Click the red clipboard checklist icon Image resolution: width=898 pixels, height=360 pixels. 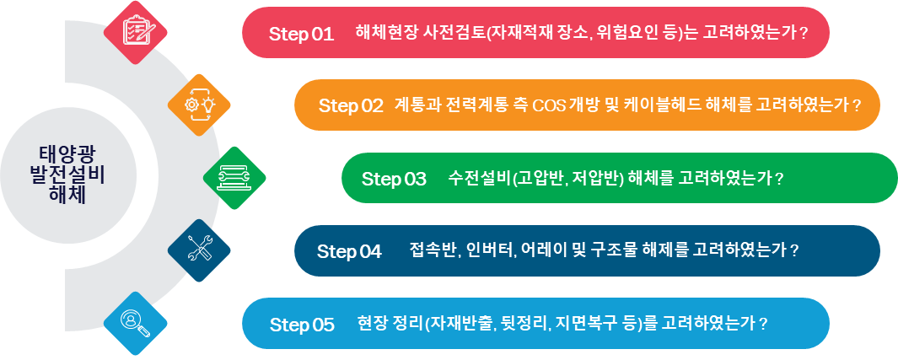click(136, 32)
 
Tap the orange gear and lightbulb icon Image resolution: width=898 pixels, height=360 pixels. click(199, 105)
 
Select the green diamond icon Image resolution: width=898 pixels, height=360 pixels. click(234, 177)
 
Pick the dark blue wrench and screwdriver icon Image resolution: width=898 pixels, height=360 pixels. click(199, 250)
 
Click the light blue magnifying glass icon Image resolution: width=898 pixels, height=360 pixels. click(136, 323)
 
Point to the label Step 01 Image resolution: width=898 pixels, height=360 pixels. click(301, 34)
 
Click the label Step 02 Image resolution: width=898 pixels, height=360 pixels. click(351, 106)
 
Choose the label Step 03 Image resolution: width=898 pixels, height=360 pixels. click(394, 179)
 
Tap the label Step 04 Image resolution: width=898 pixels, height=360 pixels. click(349, 251)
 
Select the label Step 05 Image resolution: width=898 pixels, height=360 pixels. click(302, 325)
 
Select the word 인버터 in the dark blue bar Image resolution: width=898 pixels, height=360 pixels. click(489, 251)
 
